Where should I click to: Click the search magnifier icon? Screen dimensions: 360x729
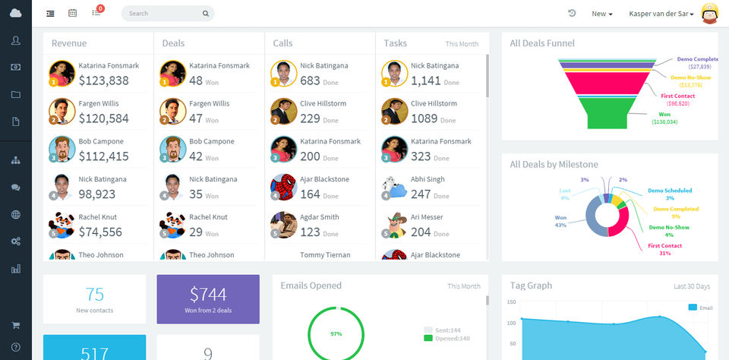pos(205,14)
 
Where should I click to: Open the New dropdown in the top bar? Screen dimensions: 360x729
pos(601,14)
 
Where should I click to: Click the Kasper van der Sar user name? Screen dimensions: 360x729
pos(661,14)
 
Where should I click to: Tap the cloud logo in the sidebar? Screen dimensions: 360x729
pos(16,13)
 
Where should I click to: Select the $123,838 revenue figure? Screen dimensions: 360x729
pos(104,81)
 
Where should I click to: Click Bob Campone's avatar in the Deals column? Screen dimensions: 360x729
pos(173,150)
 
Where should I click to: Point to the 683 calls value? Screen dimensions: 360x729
pos(310,81)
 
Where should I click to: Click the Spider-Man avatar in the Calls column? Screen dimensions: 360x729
pos(284,187)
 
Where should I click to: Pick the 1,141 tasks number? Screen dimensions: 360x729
pos(425,81)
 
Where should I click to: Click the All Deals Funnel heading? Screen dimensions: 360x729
pos(542,43)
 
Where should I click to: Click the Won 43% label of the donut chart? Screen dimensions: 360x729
pos(560,221)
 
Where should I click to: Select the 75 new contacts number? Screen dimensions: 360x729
pos(94,294)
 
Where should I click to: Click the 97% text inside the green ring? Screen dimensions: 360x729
pos(336,334)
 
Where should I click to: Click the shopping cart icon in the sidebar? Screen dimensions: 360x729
pos(16,326)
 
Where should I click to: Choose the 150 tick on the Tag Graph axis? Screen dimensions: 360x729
pos(511,302)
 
